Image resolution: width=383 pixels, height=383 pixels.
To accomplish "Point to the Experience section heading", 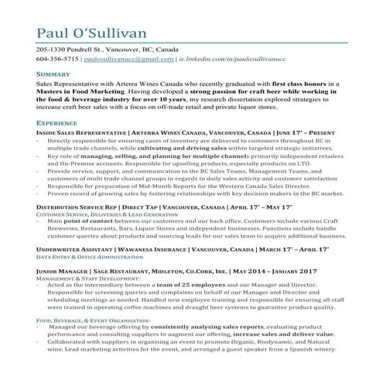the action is point(56,123).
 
